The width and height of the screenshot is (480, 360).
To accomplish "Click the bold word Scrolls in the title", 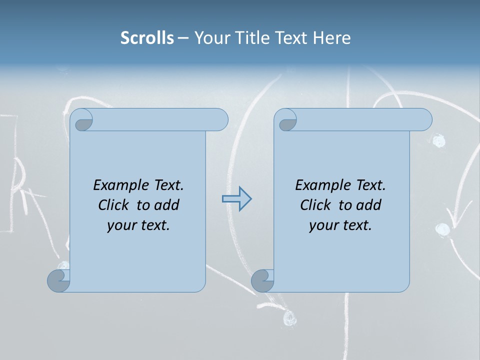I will tap(147, 38).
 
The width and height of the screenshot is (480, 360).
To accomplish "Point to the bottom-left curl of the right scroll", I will tap(262, 280).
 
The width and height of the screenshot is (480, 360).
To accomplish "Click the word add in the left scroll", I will tap(167, 205).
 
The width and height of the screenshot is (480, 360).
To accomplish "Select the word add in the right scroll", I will tap(369, 205).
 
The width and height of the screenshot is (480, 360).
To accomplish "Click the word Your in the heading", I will tap(209, 38).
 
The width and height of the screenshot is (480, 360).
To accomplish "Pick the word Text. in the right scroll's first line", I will tap(370, 185).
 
